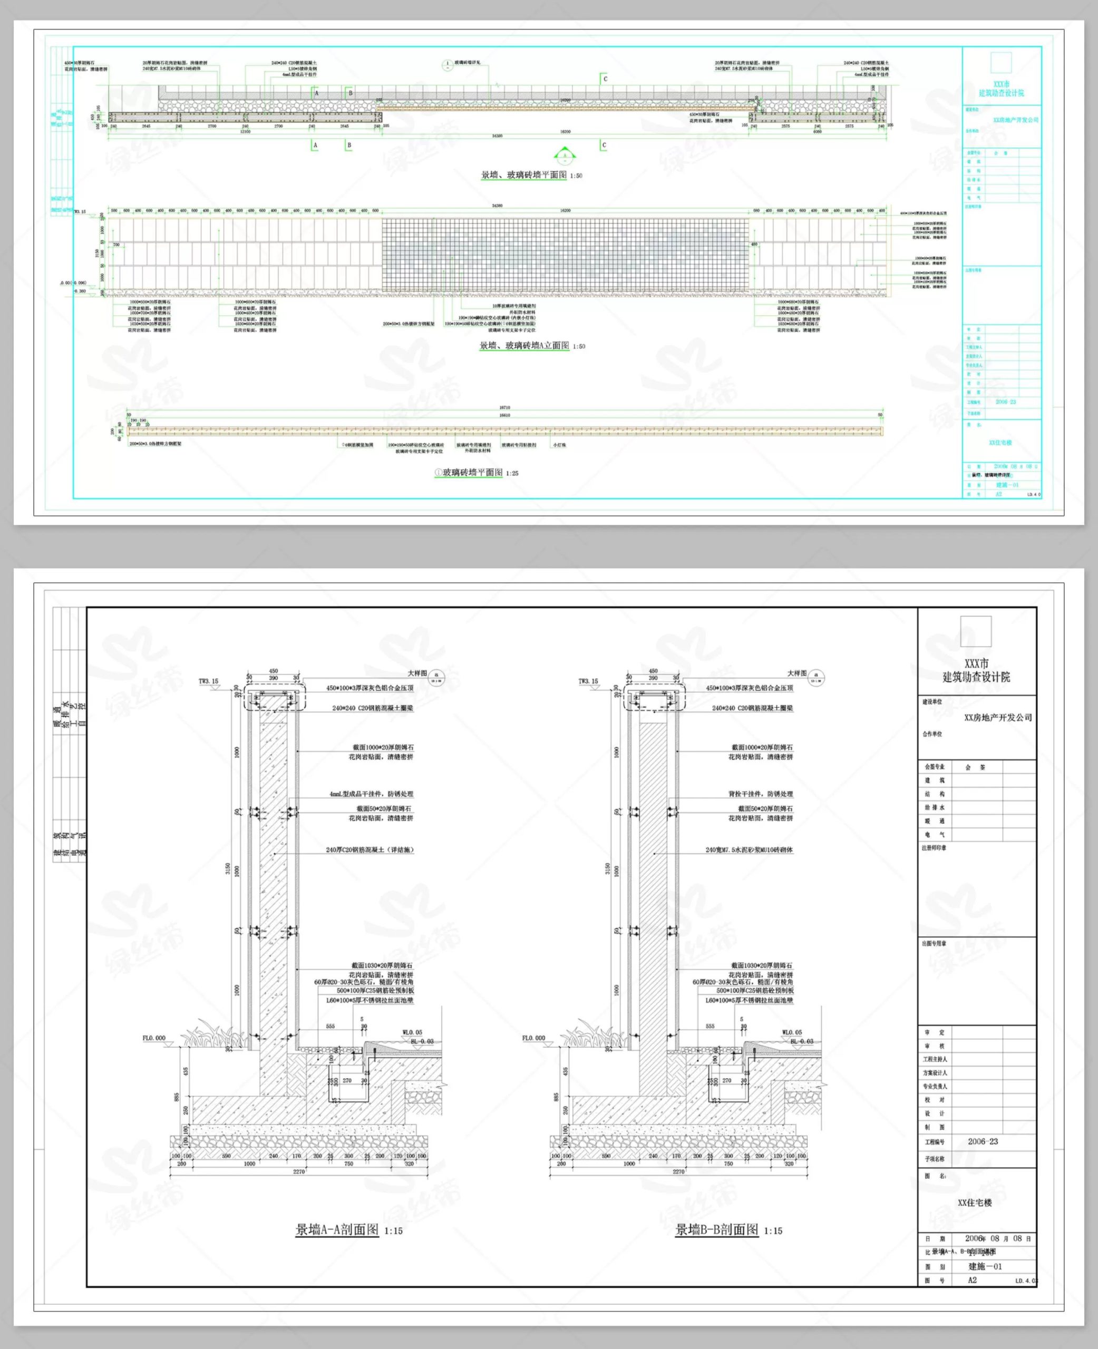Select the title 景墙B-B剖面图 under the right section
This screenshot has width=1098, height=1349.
coord(716,1229)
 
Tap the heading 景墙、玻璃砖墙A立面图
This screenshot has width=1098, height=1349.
coord(524,346)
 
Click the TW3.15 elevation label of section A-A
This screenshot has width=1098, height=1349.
coord(208,681)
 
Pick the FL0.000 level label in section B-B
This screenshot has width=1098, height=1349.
coord(533,1038)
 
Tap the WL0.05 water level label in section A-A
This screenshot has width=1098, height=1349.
coord(412,1032)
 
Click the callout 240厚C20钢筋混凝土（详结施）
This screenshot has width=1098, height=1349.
coord(370,849)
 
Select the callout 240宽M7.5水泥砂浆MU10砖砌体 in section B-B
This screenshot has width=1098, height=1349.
coord(749,849)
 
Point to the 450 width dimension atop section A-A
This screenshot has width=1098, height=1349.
coord(273,671)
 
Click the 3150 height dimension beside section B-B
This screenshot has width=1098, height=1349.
coord(608,868)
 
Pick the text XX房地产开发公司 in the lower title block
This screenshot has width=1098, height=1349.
coord(997,718)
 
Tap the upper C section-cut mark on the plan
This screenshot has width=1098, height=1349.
coord(605,79)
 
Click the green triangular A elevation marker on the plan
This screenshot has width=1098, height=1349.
coord(565,154)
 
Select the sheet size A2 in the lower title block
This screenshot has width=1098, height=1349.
coord(972,1279)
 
